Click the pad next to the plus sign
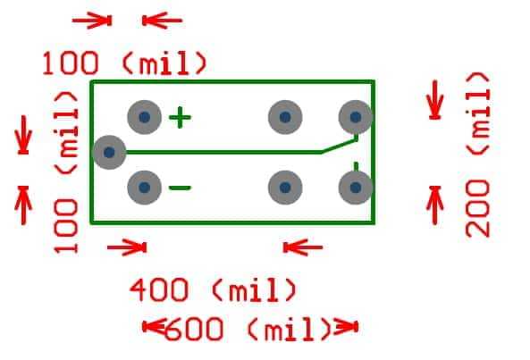point(144,117)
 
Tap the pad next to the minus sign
point(144,188)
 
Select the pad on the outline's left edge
point(109,152)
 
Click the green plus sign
point(180,118)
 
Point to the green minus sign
point(180,188)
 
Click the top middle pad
point(285,117)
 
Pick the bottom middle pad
point(285,188)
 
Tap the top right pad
point(355,117)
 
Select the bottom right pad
point(355,188)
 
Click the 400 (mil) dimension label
point(214,289)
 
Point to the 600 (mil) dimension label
point(248,329)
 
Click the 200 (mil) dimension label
point(477,155)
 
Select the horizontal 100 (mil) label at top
point(124,63)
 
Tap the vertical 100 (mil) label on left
point(66,172)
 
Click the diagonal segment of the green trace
point(339,146)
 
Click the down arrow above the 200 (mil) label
point(434,100)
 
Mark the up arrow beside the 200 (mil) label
point(434,205)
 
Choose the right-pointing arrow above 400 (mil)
point(127,247)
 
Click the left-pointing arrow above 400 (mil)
point(303,247)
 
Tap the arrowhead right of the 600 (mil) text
point(346,327)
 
